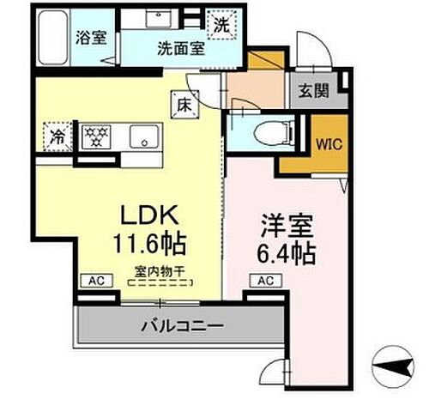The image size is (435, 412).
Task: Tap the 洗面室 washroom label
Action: point(180,50)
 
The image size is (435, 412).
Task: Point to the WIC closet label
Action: point(329,143)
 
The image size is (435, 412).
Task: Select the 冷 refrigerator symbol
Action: point(58,136)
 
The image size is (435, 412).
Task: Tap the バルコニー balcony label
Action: point(182,326)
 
